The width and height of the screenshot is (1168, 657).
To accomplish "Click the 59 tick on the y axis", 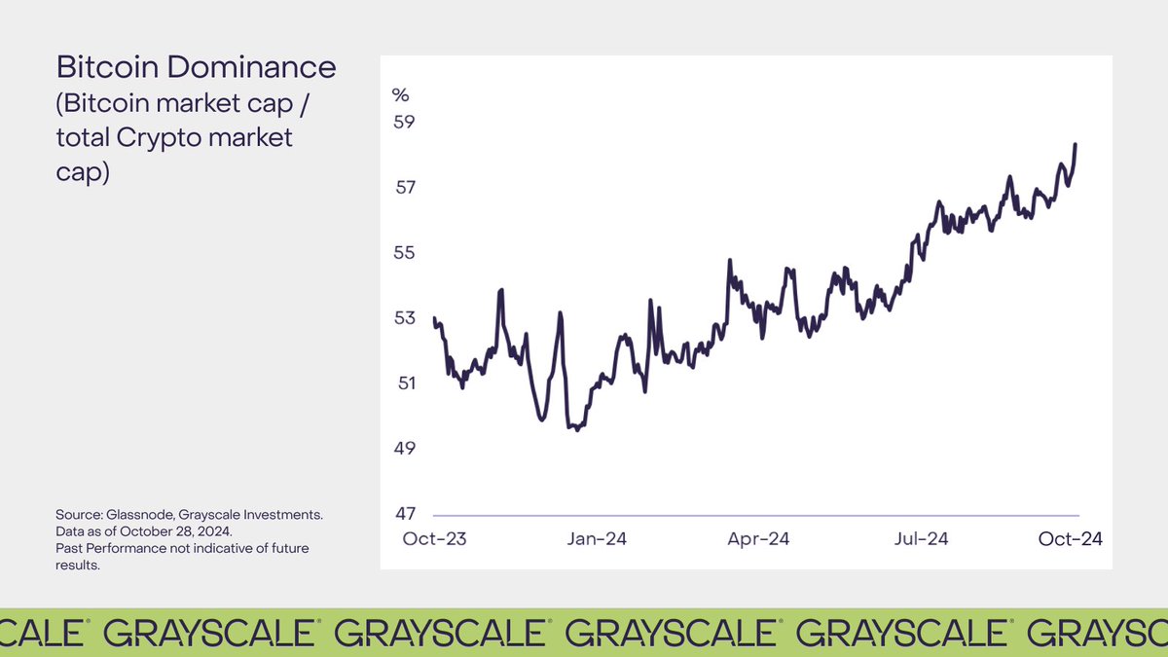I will pos(403,123).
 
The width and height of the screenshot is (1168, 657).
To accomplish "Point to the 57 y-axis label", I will pos(403,188).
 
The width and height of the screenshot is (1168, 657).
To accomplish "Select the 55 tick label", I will pos(403,253).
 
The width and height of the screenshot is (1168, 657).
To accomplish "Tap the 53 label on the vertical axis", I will pos(403,318).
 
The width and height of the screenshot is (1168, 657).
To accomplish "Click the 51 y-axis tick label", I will pos(403,383).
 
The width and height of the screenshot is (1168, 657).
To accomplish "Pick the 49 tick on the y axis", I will pos(403,449).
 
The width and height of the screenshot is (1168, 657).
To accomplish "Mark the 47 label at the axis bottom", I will pos(403,514).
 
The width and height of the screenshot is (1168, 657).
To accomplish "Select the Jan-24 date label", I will pos(597,539).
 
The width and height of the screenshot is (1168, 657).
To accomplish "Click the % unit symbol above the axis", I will pos(400,94).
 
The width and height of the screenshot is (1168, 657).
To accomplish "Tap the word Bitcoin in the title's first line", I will pos(97,68).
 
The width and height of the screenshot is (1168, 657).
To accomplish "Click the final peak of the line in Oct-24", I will pos(1076,144).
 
